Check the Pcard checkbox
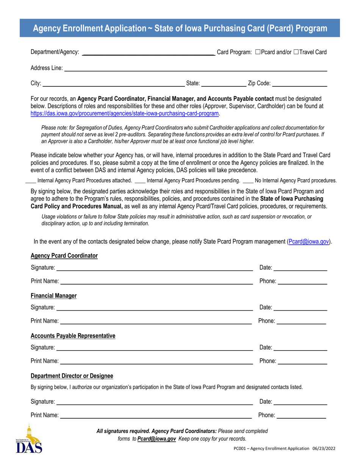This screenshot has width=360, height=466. pos(258,52)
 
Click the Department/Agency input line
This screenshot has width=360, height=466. pos(149,53)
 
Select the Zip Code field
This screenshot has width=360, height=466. pos(299,84)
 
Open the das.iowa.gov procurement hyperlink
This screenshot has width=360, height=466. pos(125,113)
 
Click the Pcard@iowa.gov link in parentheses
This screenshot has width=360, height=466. pos(308,241)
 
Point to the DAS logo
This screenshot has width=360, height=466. pos(29,439)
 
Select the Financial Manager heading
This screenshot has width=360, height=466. pos(53,296)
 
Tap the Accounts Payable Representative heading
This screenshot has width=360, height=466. pos(73,336)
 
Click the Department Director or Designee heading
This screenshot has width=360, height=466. pos(72,376)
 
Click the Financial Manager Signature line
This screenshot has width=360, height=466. pos(155,308)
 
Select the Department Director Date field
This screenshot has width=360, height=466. pos(300,402)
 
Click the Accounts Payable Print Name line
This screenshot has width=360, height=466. pos(156,362)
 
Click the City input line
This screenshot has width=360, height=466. pos(113,84)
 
